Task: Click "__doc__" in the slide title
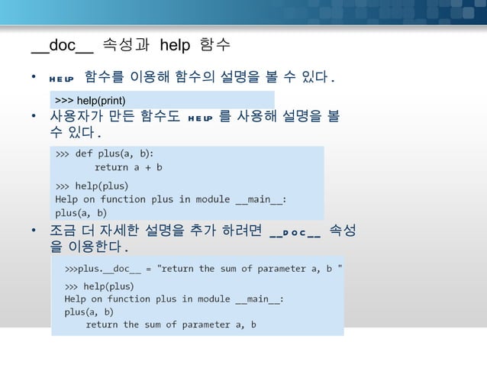click(63, 46)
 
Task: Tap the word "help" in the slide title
click(175, 46)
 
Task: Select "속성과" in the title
click(125, 46)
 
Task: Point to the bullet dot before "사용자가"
click(34, 117)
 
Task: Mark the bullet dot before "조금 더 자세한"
click(34, 231)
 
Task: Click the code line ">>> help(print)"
click(90, 101)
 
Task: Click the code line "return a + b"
click(128, 166)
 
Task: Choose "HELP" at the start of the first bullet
click(60, 78)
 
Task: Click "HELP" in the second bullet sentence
click(200, 118)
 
